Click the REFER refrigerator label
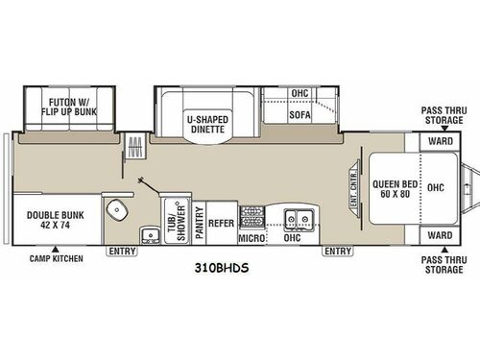click(223, 220)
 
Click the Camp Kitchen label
click(55, 259)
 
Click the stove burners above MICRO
click(252, 212)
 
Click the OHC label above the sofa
click(300, 93)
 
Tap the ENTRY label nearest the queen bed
click(338, 252)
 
